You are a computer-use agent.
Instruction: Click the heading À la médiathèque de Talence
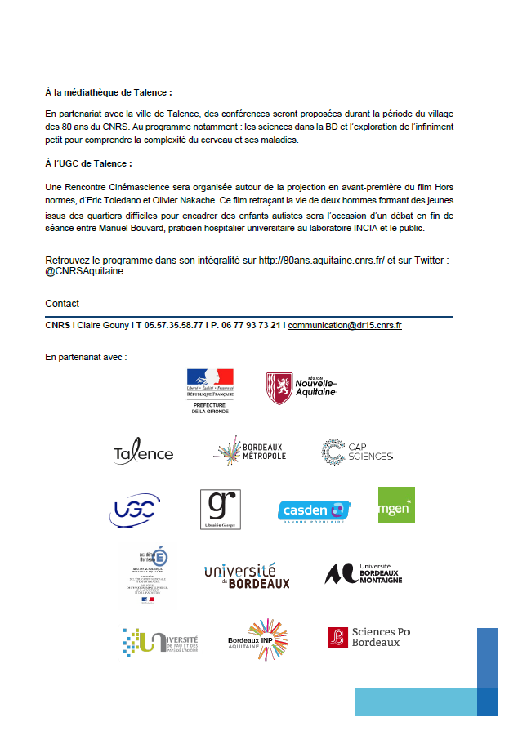click(109, 93)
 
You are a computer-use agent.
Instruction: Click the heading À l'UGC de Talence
click(88, 164)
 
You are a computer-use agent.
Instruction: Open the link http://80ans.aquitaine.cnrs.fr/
click(321, 261)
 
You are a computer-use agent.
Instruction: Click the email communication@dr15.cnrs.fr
click(344, 325)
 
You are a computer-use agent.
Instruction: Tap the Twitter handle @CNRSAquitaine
click(84, 271)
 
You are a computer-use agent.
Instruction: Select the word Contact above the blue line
click(62, 304)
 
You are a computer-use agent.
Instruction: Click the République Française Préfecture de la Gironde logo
click(210, 390)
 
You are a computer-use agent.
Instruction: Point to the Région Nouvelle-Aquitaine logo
click(301, 388)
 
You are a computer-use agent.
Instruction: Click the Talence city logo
click(144, 452)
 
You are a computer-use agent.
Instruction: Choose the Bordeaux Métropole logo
click(249, 452)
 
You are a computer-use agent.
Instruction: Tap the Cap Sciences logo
click(357, 452)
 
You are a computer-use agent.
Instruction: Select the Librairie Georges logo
click(221, 509)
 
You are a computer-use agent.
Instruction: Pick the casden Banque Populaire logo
click(315, 511)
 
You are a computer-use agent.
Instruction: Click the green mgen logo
click(396, 505)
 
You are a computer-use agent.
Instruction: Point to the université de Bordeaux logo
click(247, 576)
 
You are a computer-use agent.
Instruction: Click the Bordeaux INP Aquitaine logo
click(257, 638)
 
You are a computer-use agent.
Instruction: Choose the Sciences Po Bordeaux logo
click(368, 637)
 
